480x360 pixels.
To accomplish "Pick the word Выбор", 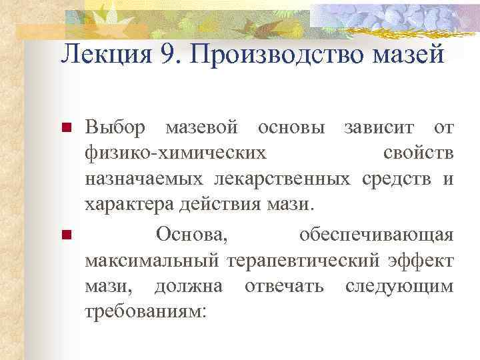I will (110, 127).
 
